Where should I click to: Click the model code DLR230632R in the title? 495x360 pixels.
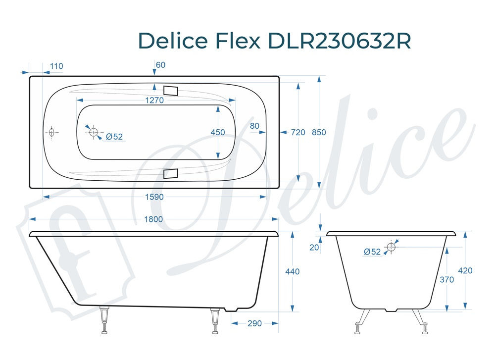(339, 41)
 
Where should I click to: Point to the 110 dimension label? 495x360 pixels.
(56, 66)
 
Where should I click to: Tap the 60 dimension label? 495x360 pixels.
(160, 65)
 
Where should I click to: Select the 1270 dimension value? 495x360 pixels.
(154, 100)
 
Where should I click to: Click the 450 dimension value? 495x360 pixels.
(218, 132)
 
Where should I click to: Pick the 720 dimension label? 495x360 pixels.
(298, 132)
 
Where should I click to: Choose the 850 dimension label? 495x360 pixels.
(319, 132)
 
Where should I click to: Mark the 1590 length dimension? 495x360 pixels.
(154, 197)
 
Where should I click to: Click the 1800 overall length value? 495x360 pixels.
(154, 219)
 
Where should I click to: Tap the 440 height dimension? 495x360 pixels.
(293, 271)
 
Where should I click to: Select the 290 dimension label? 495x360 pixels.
(254, 323)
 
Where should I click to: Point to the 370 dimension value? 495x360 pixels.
(447, 280)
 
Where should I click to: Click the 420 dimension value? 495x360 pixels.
(465, 271)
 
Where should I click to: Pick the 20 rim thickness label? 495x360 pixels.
(314, 248)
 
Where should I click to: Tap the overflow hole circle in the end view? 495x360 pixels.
(391, 247)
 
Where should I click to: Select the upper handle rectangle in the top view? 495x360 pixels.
(170, 90)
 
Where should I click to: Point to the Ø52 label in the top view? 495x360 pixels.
(114, 137)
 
